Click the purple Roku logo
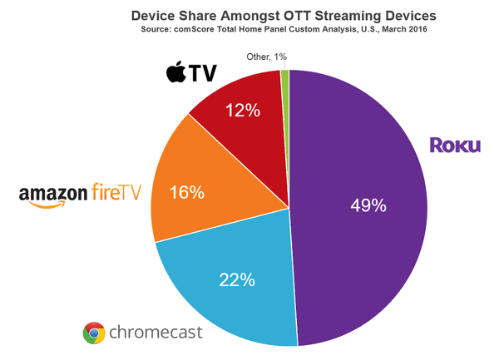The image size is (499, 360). click(455, 145)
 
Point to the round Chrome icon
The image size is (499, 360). click(94, 333)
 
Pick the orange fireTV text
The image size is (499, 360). click(116, 193)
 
